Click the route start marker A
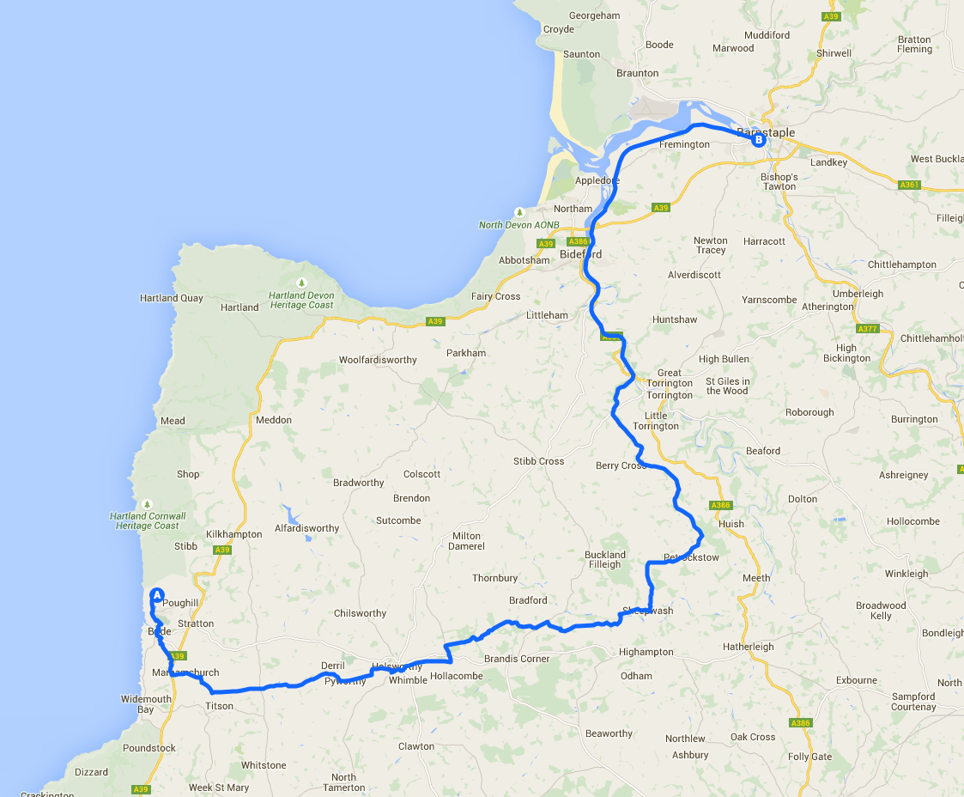tap(157, 594)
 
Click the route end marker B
tap(758, 140)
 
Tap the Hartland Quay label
tap(172, 298)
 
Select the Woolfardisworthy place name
tap(378, 360)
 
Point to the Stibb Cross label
tap(539, 461)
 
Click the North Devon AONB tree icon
tap(518, 212)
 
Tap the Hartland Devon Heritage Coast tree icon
tap(300, 283)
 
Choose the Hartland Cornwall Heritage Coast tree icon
tap(148, 504)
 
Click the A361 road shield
tap(909, 185)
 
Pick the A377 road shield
tap(867, 328)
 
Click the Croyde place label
tap(559, 29)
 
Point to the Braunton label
tap(638, 73)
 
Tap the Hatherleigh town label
tap(748, 647)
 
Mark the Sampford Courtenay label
tap(913, 702)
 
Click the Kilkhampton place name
tap(234, 534)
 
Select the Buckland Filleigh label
tap(605, 559)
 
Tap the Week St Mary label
tap(219, 788)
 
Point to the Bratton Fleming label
tap(914, 44)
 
